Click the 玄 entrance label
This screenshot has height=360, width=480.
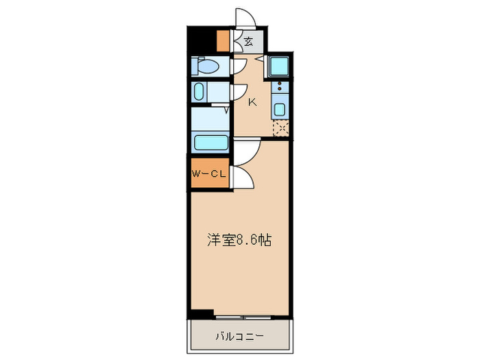248,42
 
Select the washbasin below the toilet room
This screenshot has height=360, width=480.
200,91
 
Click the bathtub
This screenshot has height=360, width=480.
211,143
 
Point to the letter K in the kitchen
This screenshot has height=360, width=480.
252,103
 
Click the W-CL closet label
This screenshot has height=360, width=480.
208,174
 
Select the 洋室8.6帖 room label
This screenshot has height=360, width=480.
239,241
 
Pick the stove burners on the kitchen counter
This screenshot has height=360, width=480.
280,87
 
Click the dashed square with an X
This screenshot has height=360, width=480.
280,128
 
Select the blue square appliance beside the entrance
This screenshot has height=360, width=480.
279,66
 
